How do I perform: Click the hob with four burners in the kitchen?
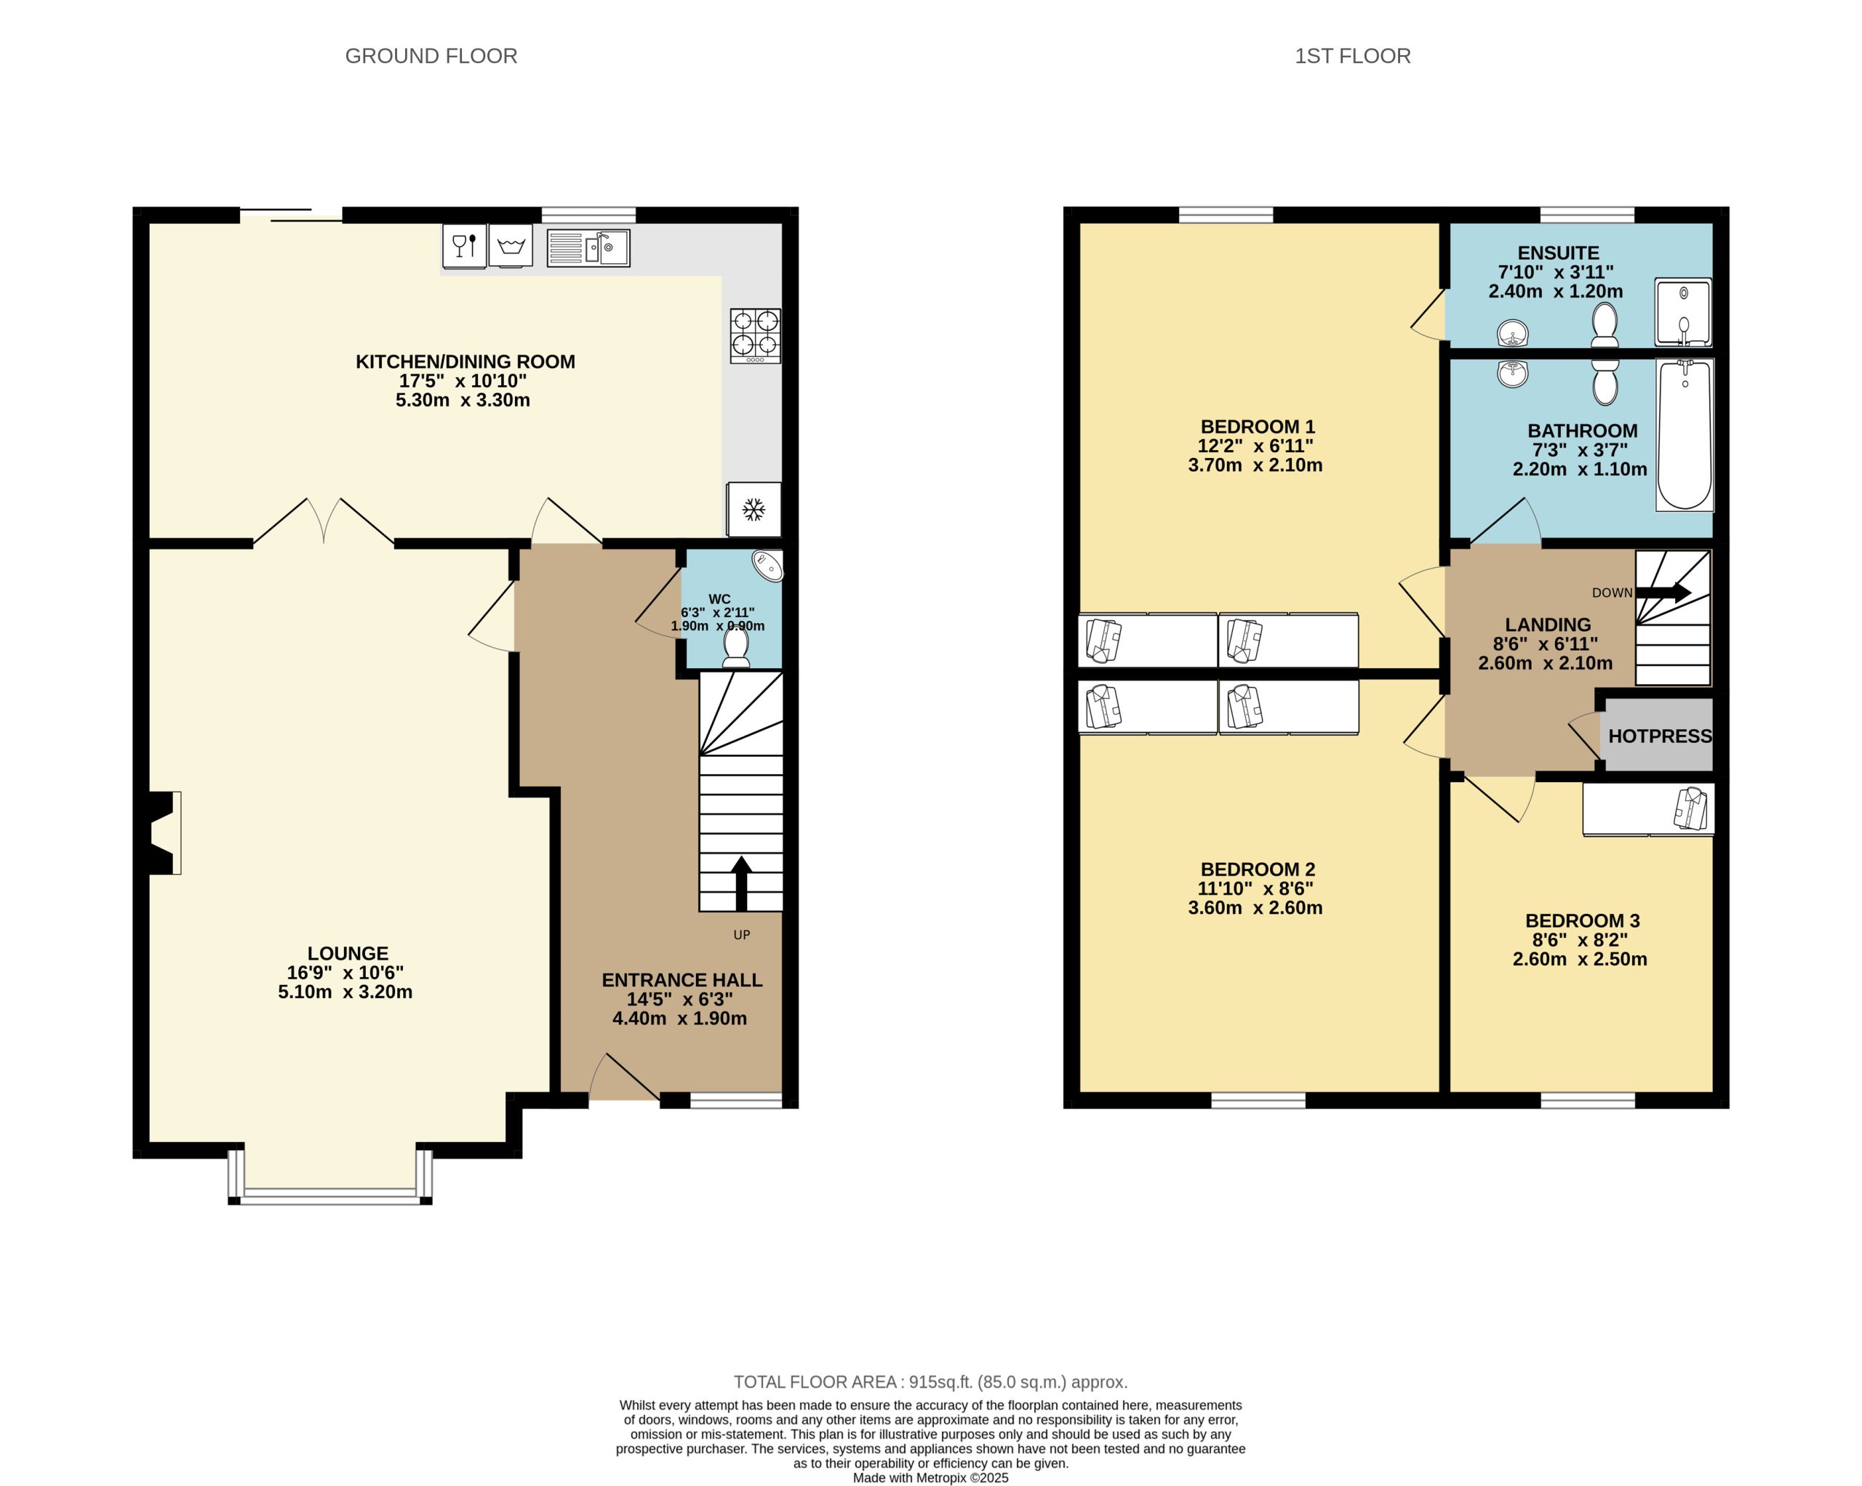[x=755, y=336]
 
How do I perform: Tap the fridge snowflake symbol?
[x=754, y=510]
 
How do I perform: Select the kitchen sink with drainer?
[x=588, y=248]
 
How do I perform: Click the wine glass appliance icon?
[x=465, y=246]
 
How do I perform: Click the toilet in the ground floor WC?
[x=736, y=647]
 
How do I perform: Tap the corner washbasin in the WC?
[x=768, y=566]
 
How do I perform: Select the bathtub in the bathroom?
[x=1684, y=435]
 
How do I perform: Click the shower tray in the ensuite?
[x=1683, y=312]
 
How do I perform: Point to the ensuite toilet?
[x=1605, y=326]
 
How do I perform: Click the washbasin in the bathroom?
[x=1512, y=374]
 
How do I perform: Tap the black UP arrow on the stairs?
[x=741, y=883]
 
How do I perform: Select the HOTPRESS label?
[x=1660, y=736]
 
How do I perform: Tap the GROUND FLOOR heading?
[x=431, y=56]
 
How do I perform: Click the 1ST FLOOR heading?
[x=1352, y=56]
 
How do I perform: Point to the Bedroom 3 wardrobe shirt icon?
[x=1691, y=809]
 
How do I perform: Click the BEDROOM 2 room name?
[x=1258, y=869]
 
